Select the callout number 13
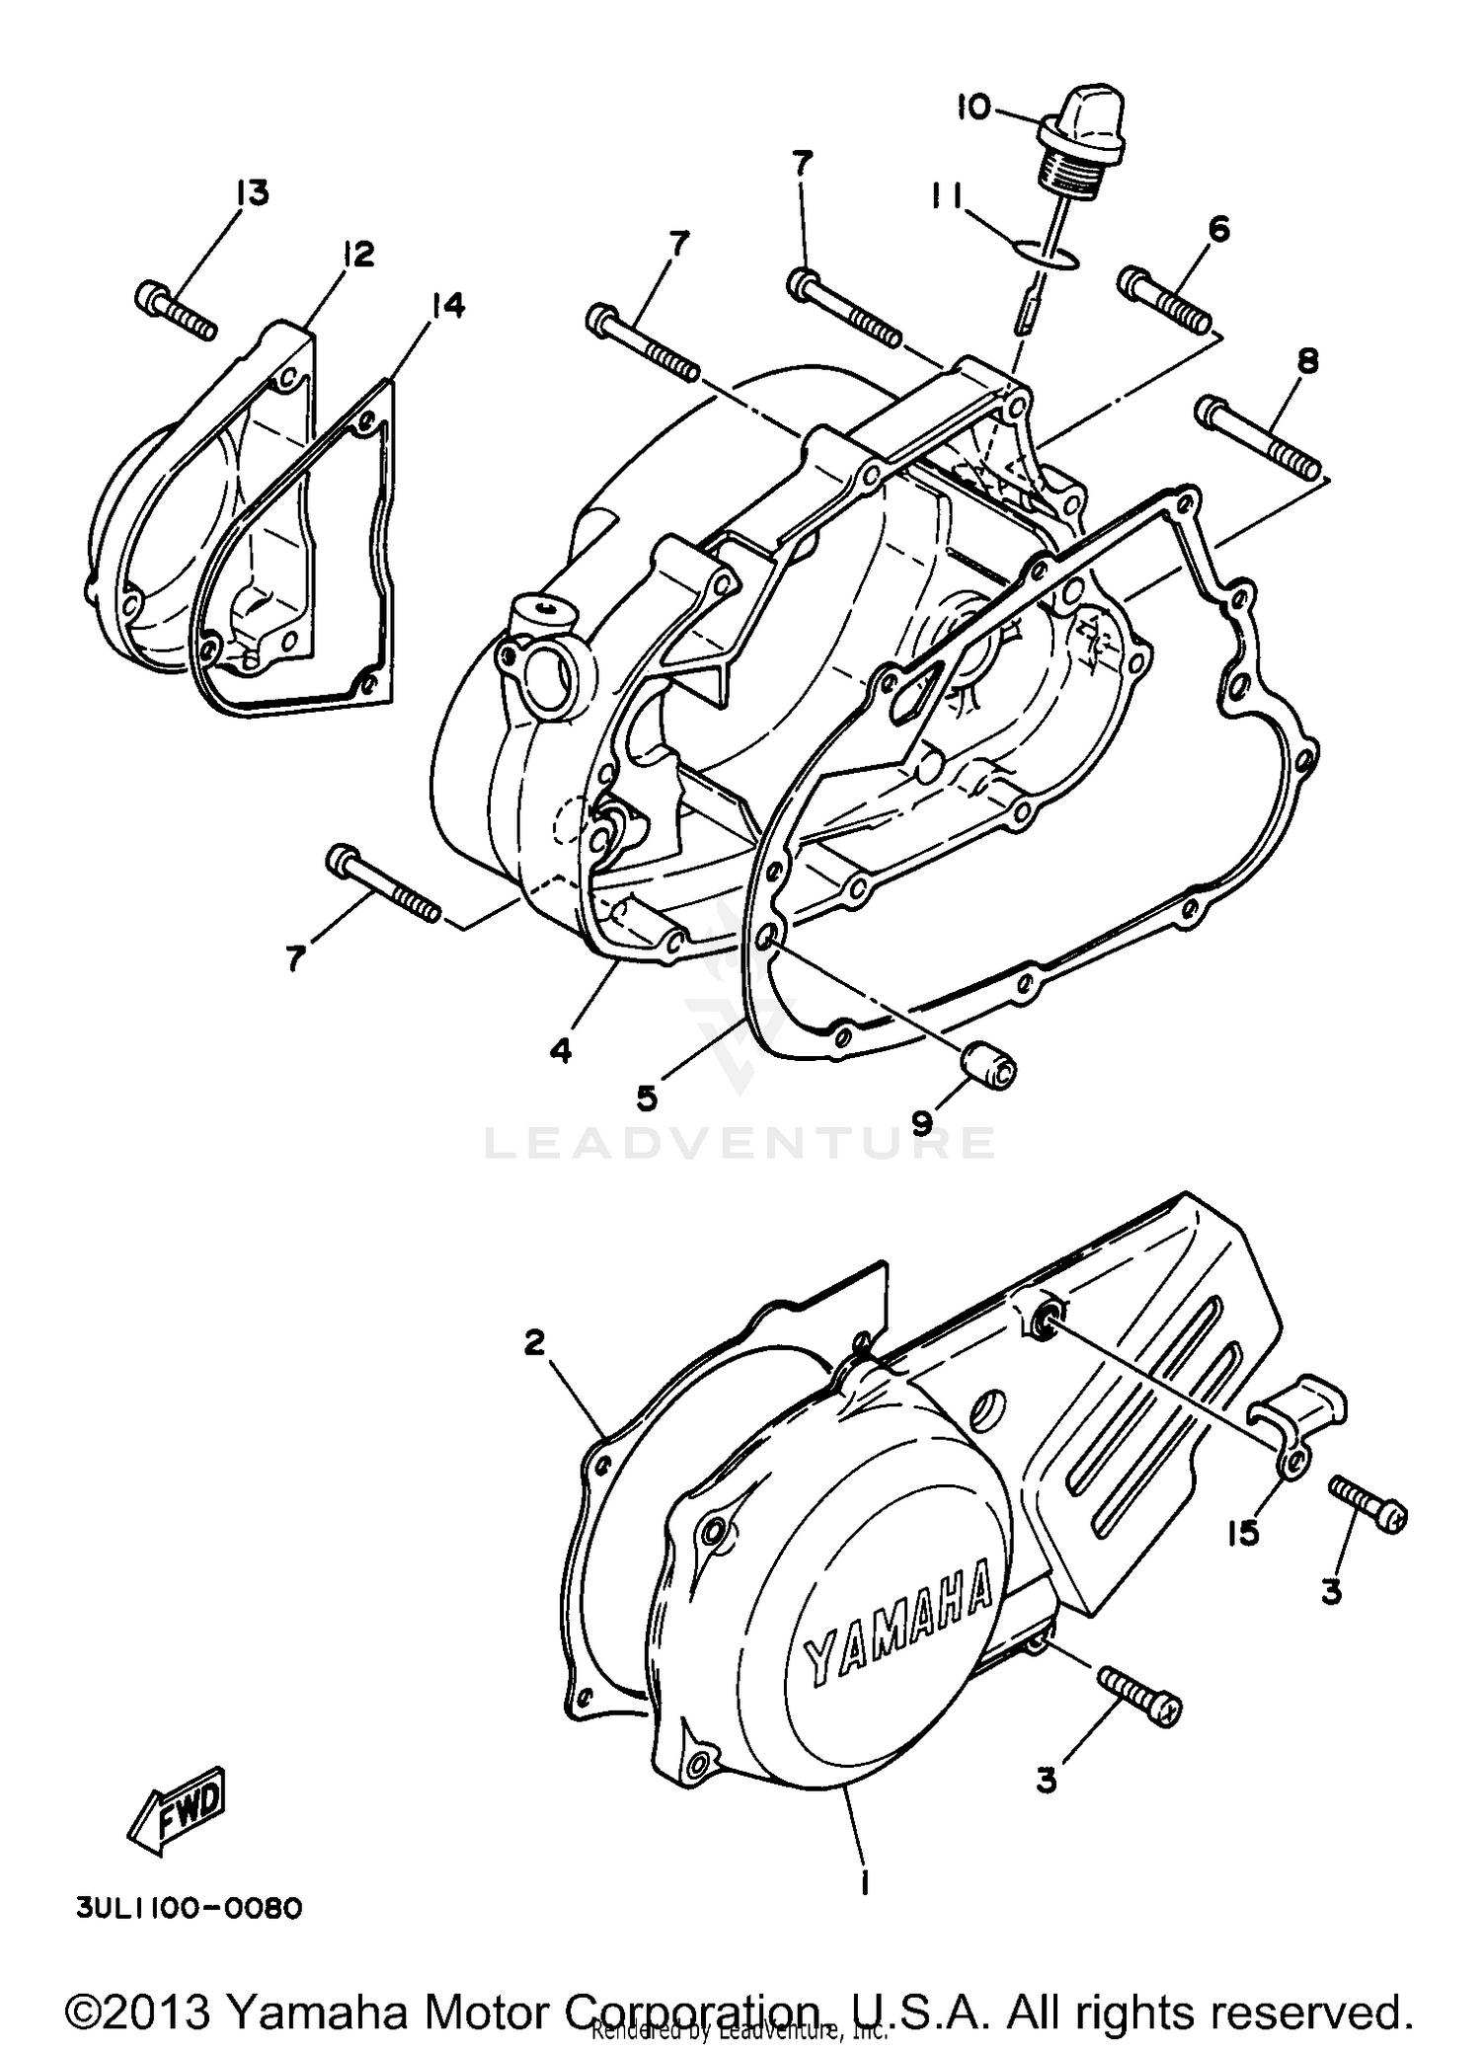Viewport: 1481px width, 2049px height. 252,191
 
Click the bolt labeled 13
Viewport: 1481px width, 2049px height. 175,310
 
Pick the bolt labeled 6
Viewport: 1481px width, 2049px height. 1165,300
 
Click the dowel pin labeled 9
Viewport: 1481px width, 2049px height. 988,1069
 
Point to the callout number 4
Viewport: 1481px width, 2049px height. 561,1051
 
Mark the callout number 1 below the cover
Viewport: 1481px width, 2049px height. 864,1883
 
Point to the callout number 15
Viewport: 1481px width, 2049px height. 1242,1533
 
